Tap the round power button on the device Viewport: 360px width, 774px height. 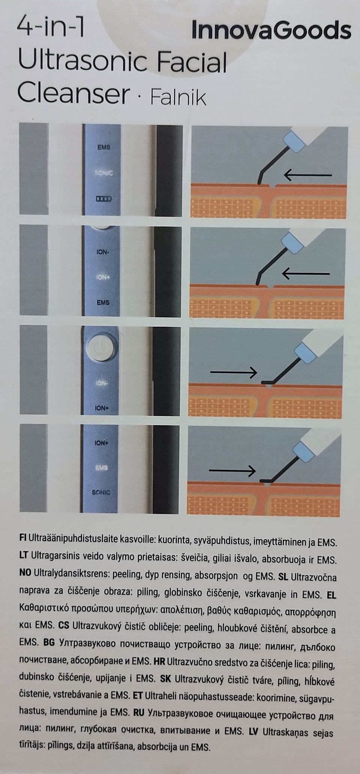[99, 348]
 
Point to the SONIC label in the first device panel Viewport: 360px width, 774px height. [103, 173]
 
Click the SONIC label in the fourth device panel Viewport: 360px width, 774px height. [101, 492]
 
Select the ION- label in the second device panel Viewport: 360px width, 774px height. [102, 252]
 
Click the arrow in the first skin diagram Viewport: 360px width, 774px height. [308, 174]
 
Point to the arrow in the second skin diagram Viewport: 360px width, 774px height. [306, 274]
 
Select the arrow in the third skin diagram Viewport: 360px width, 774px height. [234, 372]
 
